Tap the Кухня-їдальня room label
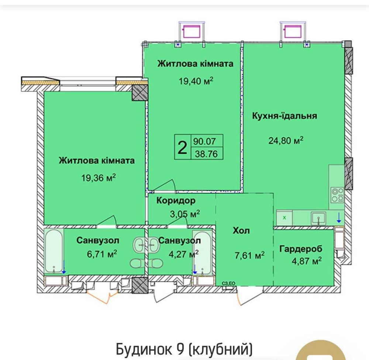point(284,116)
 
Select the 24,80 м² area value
point(286,140)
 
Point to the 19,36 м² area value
point(99,178)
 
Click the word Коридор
point(176,201)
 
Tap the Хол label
point(241,231)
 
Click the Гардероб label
point(301,248)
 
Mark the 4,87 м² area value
point(304,261)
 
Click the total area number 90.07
point(206,141)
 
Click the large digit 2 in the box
point(182,148)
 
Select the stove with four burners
point(337,195)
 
